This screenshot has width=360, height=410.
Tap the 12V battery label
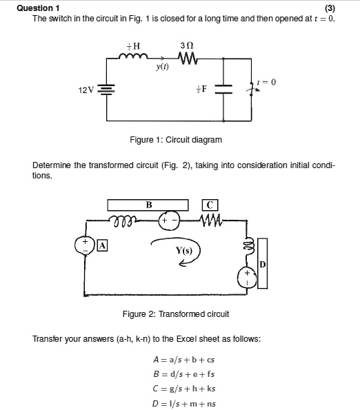pyautogui.click(x=86, y=90)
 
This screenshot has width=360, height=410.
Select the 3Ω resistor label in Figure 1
pyautogui.click(x=186, y=46)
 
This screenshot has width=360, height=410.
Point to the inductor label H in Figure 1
pyautogui.click(x=133, y=46)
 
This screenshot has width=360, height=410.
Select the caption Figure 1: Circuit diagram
pyautogui.click(x=177, y=140)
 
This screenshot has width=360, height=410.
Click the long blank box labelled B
pyautogui.click(x=148, y=204)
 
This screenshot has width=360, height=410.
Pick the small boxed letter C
pyautogui.click(x=211, y=204)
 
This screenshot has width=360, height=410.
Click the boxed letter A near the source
pyautogui.click(x=103, y=245)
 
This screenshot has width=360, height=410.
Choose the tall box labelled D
pyautogui.click(x=262, y=264)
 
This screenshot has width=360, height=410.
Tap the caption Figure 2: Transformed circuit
pyautogui.click(x=175, y=314)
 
